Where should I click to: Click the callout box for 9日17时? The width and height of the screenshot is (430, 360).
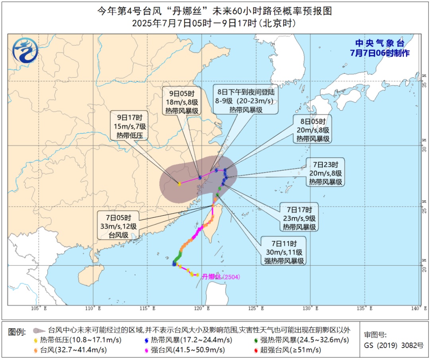pos(132,126)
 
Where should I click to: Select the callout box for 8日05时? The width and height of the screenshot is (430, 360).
pos(313,129)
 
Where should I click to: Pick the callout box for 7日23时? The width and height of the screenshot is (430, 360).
pos(325,172)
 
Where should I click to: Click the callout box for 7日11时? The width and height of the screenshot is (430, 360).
pos(283,251)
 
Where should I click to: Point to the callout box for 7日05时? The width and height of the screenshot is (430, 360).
pos(119,225)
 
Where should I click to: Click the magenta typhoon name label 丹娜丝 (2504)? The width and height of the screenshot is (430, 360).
pos(221,277)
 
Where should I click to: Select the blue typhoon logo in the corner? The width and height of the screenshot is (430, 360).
pos(25,51)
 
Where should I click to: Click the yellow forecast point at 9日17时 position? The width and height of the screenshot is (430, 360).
pos(180,184)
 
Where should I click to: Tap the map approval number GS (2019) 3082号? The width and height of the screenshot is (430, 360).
pos(394,346)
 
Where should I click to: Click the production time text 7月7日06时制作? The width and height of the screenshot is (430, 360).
pos(379,53)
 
